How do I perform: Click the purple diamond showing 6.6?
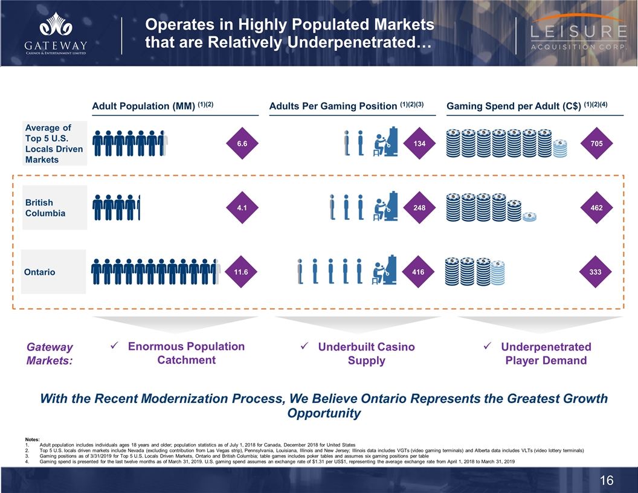pos(242,143)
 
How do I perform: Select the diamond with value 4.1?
pos(242,207)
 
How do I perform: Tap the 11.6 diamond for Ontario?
pos(242,272)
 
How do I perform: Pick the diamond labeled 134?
pos(418,143)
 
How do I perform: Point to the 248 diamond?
pos(418,207)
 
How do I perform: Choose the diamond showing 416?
pos(418,272)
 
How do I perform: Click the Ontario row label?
pos(40,272)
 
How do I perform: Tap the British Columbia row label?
pos(45,208)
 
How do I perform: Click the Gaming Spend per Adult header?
pos(526,106)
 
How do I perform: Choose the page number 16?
pos(607,480)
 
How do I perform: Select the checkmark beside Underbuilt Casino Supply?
pos(304,347)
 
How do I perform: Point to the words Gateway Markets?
pos(50,353)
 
